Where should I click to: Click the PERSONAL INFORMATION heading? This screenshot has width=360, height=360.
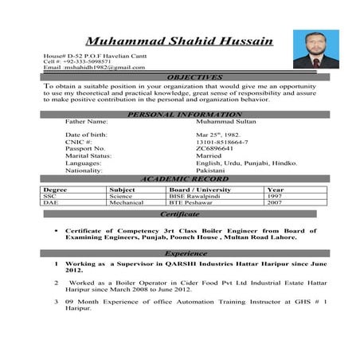[x=184, y=115]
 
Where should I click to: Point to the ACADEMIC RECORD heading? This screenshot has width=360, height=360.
[x=184, y=179]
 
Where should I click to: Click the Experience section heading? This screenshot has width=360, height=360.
[x=186, y=253]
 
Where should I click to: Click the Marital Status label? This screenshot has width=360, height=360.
[x=88, y=156]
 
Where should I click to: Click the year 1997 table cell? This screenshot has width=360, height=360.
[x=275, y=196]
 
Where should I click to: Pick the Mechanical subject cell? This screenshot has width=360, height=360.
[x=127, y=202]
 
